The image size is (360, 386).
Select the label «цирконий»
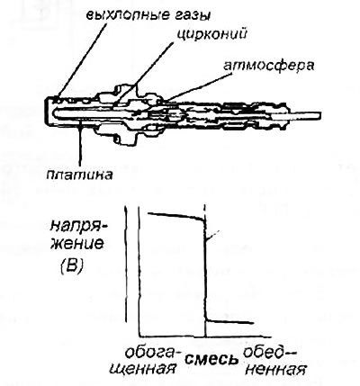211,33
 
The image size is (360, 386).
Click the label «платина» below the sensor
80,175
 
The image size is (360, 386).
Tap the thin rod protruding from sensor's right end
304,115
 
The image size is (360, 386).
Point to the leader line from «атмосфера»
196,87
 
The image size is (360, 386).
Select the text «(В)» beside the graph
71,265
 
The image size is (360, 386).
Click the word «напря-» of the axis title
78,227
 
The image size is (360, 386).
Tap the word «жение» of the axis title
76,244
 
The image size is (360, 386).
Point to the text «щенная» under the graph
143,368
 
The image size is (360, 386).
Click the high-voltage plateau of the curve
175,215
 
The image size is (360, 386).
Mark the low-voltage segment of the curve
230,322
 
